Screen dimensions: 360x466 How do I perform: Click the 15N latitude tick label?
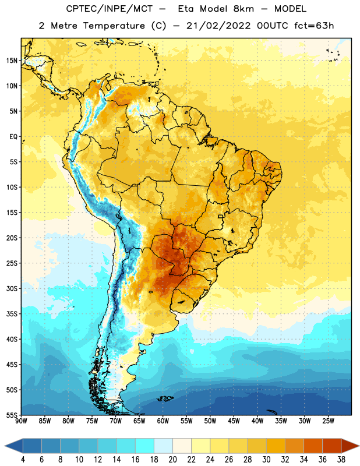(12, 61)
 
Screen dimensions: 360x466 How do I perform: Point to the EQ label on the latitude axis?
(13, 137)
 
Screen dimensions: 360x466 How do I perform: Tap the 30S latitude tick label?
(12, 288)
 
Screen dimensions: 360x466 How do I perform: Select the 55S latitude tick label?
(12, 415)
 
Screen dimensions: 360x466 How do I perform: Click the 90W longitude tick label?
(21, 421)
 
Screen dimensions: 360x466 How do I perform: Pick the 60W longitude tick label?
(163, 421)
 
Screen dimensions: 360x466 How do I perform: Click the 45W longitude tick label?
(234, 421)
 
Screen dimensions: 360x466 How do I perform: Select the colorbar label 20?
(172, 460)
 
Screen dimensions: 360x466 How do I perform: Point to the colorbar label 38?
(341, 460)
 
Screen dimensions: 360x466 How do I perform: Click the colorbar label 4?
(23, 460)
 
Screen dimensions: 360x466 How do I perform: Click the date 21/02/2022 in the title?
(218, 26)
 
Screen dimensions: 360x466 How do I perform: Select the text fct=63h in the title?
(314, 26)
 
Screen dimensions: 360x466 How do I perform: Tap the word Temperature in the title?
(114, 26)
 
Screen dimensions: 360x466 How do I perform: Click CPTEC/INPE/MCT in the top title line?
(109, 9)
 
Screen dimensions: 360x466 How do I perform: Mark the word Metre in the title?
(64, 26)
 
